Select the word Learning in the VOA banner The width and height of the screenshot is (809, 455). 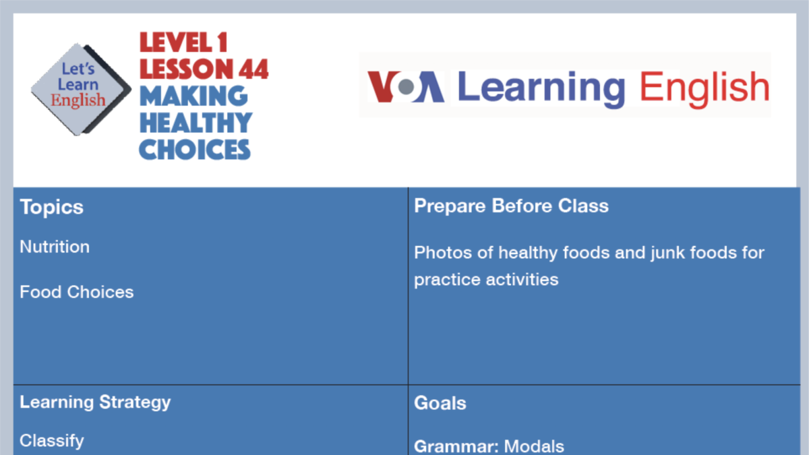point(541,88)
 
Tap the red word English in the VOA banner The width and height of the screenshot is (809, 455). point(704,88)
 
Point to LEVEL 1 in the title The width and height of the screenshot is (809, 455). point(183,42)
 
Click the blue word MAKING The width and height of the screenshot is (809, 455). point(193,96)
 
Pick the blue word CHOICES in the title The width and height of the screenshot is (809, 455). point(195,148)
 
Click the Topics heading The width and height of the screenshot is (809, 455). point(52,207)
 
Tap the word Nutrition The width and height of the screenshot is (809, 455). point(55,247)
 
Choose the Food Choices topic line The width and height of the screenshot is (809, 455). point(77,292)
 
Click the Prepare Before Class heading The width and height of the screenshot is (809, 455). point(511,206)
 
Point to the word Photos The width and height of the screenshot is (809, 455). point(440,253)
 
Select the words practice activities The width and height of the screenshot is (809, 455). point(486,279)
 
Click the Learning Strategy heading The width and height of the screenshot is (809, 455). point(95,402)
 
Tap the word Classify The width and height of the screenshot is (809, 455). point(52,441)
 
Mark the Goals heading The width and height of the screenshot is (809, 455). point(440,403)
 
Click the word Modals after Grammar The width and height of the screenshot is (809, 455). point(534,446)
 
